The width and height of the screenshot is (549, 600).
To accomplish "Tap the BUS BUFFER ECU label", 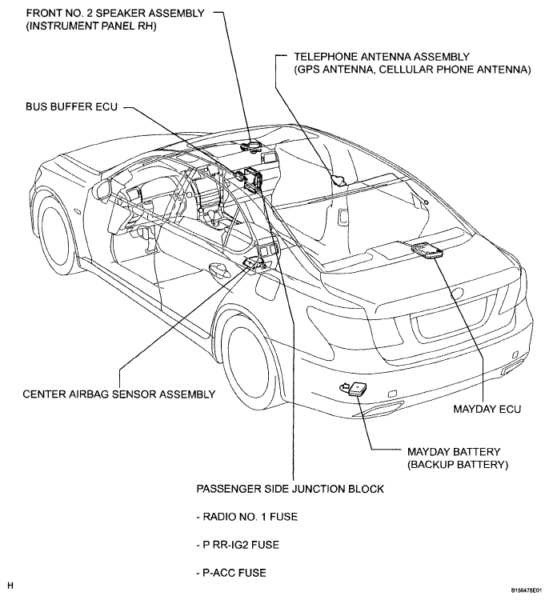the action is [71, 106].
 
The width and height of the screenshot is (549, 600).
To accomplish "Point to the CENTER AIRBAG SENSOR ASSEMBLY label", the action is [119, 394].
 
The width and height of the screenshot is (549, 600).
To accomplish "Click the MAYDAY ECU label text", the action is [487, 409].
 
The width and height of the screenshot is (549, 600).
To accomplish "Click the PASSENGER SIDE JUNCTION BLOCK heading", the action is [290, 489].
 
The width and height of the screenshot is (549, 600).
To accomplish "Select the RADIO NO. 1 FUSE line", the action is [247, 517].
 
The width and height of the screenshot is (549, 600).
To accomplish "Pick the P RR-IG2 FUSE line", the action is [238, 545].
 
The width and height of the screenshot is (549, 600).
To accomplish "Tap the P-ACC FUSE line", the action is [231, 573].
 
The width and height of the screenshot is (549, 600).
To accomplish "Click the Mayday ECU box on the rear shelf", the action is [427, 250].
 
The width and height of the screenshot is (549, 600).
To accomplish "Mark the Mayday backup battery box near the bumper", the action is [356, 389].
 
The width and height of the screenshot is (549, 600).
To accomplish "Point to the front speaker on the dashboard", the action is [251, 146].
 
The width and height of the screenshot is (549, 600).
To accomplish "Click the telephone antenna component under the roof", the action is [338, 179].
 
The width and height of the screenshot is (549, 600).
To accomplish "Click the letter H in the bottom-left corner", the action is [10, 586].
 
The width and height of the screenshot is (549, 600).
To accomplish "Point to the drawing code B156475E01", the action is [526, 591].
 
